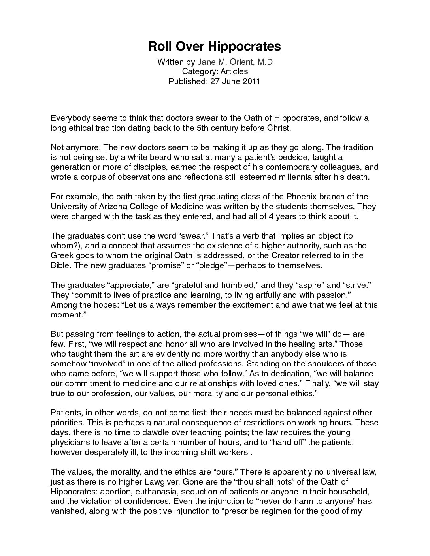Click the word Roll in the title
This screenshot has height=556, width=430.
tap(158, 47)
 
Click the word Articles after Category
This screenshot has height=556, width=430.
tap(234, 71)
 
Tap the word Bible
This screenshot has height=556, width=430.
tap(60, 265)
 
